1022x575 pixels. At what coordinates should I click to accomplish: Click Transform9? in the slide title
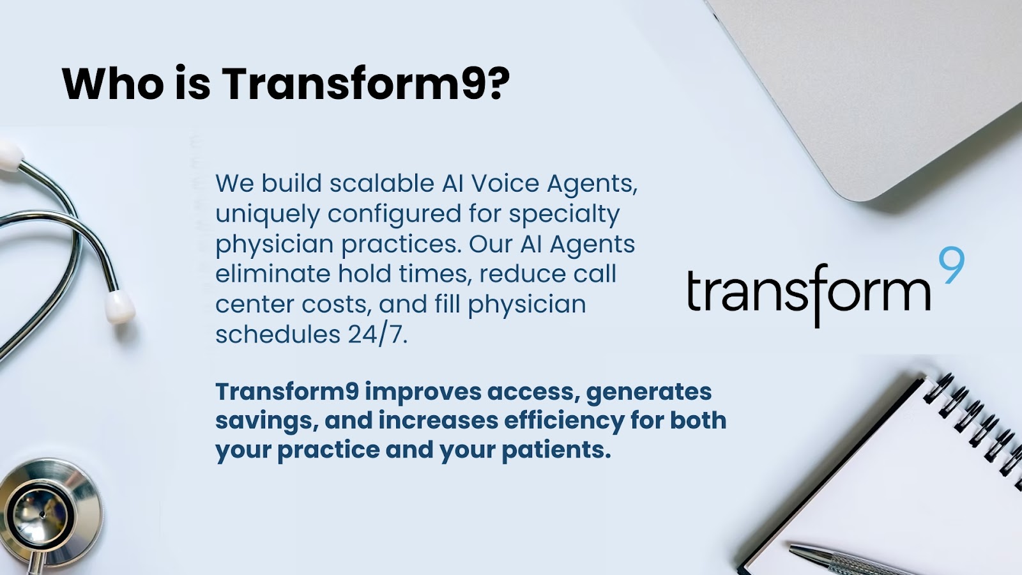point(365,83)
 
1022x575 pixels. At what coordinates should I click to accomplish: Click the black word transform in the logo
point(808,292)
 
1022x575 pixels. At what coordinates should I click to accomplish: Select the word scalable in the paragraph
point(382,183)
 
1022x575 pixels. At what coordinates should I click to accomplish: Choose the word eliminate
point(273,274)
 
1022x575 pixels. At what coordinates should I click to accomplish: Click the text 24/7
point(378,335)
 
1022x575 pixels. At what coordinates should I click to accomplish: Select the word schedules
point(278,335)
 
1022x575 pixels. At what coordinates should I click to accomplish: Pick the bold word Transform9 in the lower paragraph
point(287,392)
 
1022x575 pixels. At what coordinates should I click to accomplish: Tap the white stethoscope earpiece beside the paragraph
point(119,307)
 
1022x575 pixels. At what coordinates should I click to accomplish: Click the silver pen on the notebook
point(844,559)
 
